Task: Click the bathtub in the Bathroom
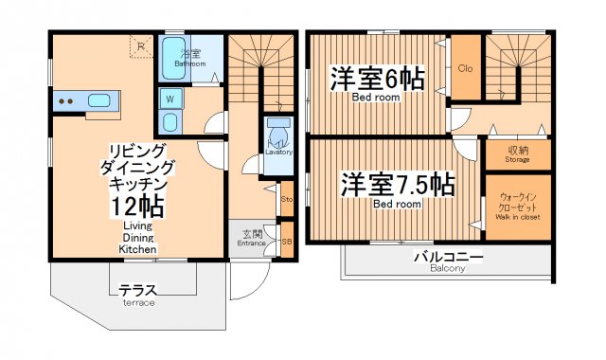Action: [172, 59]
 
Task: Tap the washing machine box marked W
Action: [170, 99]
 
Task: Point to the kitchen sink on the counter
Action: [100, 99]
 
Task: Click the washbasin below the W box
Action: [170, 121]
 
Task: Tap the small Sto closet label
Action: [287, 199]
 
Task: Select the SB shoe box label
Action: [287, 241]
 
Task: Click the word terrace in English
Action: [137, 302]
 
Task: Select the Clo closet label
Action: [465, 68]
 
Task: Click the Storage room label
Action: [517, 159]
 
